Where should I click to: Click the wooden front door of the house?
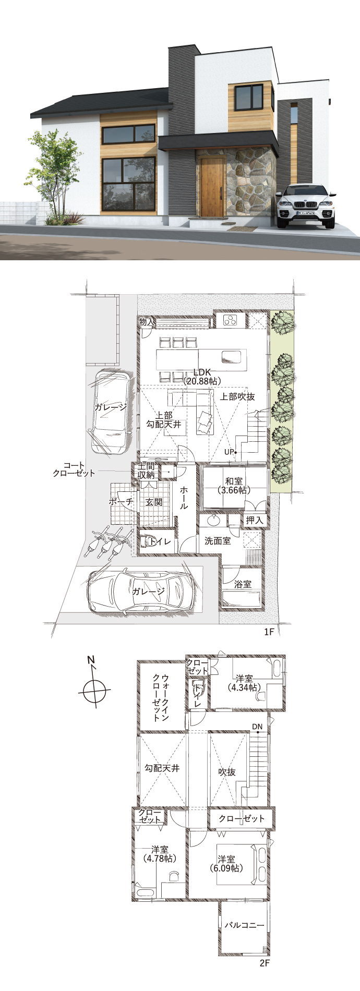[211, 187]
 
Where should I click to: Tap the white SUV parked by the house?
[306, 207]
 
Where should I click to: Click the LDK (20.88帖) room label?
[202, 377]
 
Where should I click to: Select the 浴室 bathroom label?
[243, 585]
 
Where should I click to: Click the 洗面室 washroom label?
[218, 541]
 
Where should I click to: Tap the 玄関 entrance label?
[153, 502]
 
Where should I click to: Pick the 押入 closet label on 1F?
[254, 520]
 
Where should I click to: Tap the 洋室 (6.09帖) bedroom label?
[226, 864]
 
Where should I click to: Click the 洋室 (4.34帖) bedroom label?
[244, 683]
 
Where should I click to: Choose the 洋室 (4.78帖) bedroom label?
[160, 853]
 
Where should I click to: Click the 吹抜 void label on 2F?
[227, 772]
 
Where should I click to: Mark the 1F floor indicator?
[269, 632]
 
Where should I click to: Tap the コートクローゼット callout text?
[74, 469]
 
